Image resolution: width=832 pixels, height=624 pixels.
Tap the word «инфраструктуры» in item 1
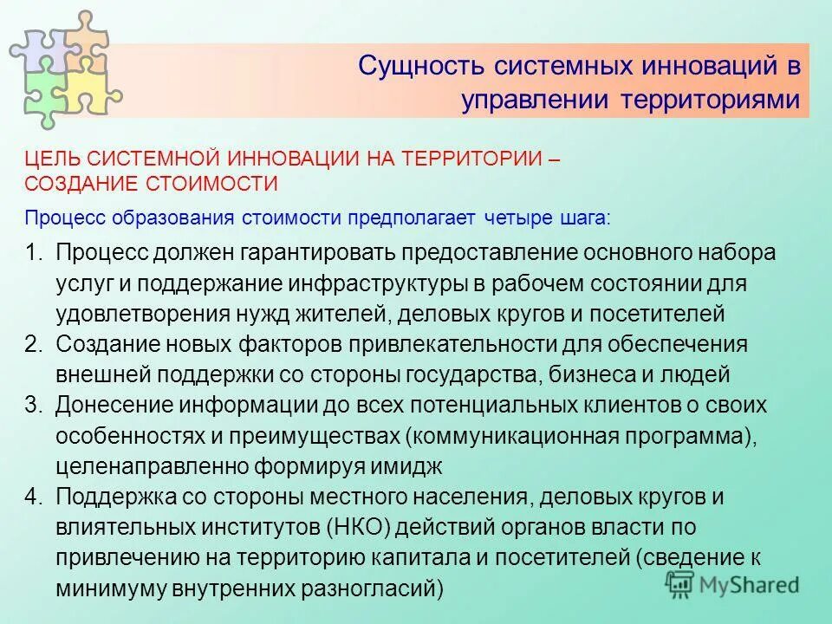(x=392, y=283)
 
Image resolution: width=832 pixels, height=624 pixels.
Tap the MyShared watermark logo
(x=732, y=583)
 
